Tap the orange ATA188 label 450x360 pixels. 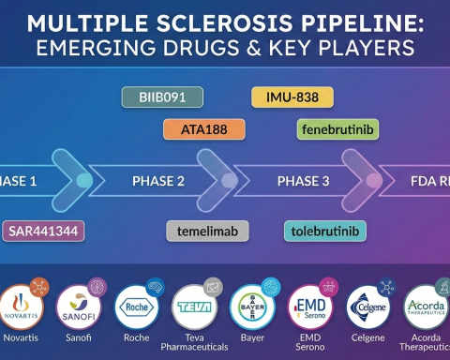click(x=200, y=129)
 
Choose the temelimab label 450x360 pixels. click(x=207, y=229)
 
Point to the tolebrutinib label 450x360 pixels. click(x=324, y=229)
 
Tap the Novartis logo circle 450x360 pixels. click(x=22, y=306)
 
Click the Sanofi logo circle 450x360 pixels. click(x=78, y=306)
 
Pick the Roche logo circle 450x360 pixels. click(x=136, y=306)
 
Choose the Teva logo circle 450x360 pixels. click(x=195, y=306)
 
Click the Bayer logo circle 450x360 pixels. click(x=252, y=306)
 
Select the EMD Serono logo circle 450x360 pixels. click(x=311, y=306)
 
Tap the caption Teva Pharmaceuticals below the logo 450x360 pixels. click(x=195, y=344)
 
